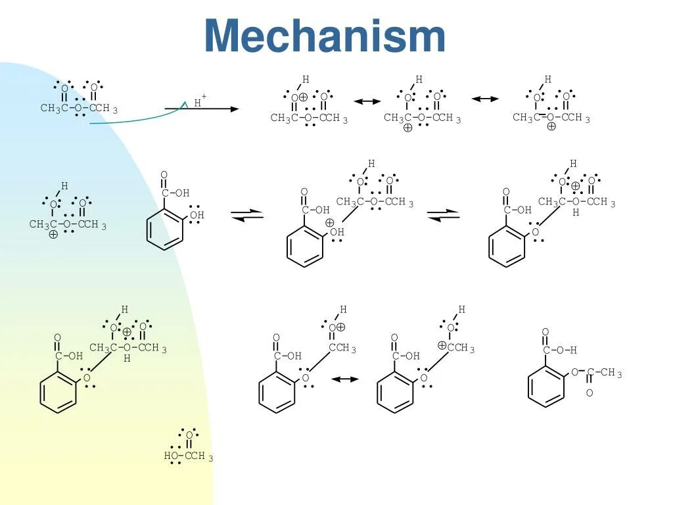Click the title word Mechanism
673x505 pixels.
[325, 36]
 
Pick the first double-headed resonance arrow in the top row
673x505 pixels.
[367, 101]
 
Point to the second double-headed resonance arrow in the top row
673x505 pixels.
[485, 99]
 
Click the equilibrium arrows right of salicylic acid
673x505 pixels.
[247, 215]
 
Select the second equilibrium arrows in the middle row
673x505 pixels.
[444, 215]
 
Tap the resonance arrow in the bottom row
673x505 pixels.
[345, 379]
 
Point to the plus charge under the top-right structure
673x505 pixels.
[551, 127]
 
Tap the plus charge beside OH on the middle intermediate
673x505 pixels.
[329, 223]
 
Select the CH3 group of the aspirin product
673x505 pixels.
[611, 373]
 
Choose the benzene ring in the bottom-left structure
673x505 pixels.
[58, 393]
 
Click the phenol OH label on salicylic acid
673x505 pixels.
[197, 215]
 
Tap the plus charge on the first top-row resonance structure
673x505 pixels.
[304, 97]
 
